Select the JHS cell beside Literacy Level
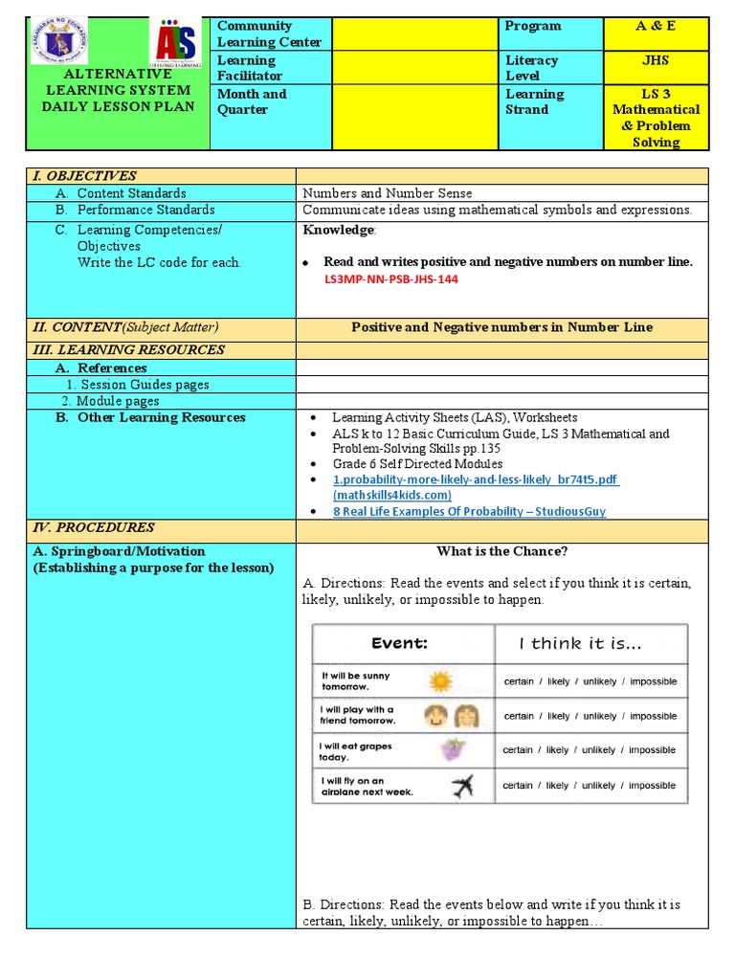coord(656,60)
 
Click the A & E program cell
coord(656,26)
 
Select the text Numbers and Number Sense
coord(388,193)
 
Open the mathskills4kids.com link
coord(476,487)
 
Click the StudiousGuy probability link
coord(469,511)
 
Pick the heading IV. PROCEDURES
coord(93,527)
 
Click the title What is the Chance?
coord(501,551)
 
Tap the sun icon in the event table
coord(440,681)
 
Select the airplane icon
coord(461,786)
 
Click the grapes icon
coord(447,750)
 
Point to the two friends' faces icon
coord(453,716)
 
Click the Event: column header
coord(400,643)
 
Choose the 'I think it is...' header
coord(581,643)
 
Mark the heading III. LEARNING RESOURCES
coord(128,350)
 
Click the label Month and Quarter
coord(252,101)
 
